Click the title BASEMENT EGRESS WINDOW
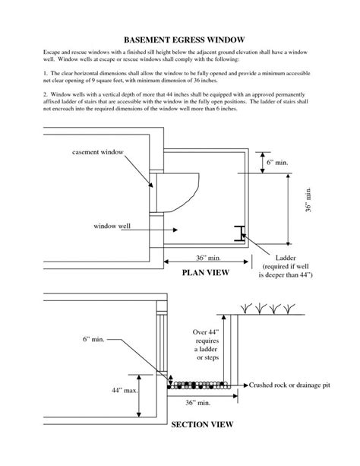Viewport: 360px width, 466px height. tap(180, 37)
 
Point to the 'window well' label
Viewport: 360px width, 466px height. tap(113, 226)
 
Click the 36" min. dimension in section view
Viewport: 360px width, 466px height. tap(197, 401)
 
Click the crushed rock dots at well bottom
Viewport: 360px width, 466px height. tap(199, 384)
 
